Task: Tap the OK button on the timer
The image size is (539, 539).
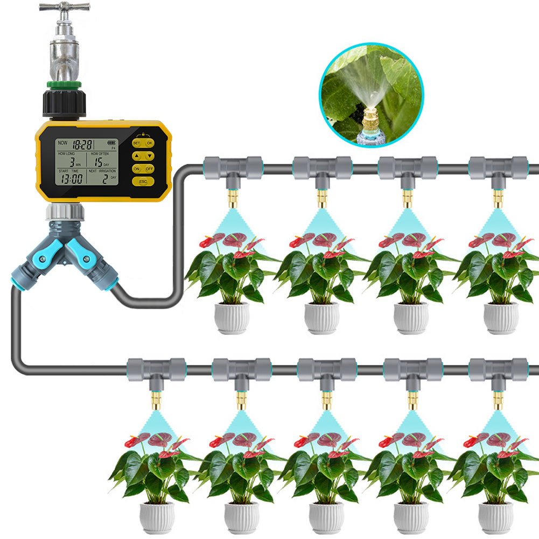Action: click(x=150, y=143)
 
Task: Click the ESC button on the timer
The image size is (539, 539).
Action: click(x=143, y=181)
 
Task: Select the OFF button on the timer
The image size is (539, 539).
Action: click(x=150, y=169)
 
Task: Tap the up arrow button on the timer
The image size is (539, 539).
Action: click(x=136, y=156)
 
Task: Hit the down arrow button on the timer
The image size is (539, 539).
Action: click(x=150, y=156)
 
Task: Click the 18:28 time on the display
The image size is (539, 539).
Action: click(x=82, y=144)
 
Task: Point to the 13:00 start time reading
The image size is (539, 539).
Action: click(x=71, y=179)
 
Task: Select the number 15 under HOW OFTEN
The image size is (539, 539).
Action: click(x=97, y=162)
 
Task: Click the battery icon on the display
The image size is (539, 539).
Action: click(x=111, y=143)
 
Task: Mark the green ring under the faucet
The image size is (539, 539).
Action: click(x=65, y=85)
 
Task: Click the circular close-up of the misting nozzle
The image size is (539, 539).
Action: click(x=372, y=94)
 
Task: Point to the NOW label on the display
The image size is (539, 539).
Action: click(x=62, y=143)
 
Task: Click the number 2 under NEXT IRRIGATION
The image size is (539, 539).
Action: click(x=105, y=179)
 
